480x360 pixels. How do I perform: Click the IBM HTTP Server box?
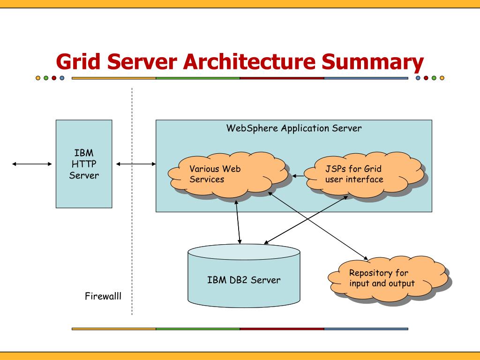click(x=84, y=164)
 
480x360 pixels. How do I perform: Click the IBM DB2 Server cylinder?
click(x=244, y=276)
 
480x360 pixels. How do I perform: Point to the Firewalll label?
click(x=103, y=296)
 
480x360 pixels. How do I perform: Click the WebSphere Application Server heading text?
click(x=294, y=128)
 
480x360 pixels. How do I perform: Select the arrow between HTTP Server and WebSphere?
click(x=136, y=164)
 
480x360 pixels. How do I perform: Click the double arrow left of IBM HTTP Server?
click(x=32, y=164)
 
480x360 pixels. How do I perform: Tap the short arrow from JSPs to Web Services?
click(x=298, y=176)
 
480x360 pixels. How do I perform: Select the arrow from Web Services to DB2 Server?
click(x=238, y=222)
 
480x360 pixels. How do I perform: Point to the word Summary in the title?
click(x=373, y=63)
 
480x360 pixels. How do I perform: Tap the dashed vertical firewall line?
click(x=132, y=202)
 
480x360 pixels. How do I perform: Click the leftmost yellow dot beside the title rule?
click(x=38, y=78)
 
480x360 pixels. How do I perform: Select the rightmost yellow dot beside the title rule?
click(x=442, y=78)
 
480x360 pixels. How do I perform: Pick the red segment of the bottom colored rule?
click(x=282, y=329)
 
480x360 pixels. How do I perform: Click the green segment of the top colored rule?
click(x=198, y=78)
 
